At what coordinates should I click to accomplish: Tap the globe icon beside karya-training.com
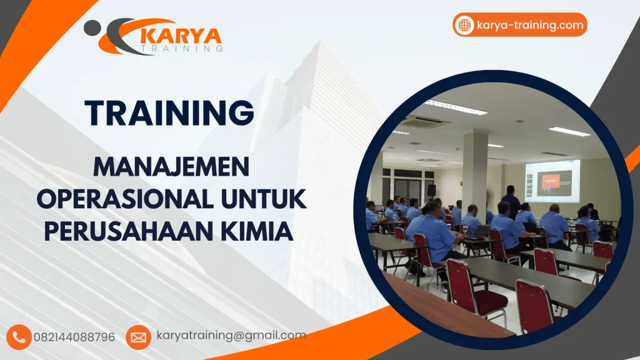click(x=464, y=25)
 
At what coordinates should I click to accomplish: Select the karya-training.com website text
click(x=529, y=25)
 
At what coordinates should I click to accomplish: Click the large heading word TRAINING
click(x=170, y=112)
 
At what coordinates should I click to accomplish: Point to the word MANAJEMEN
click(x=171, y=167)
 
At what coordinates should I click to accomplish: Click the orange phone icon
click(x=20, y=337)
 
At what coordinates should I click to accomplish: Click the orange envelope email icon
click(x=138, y=337)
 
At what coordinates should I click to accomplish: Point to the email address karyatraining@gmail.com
click(x=231, y=336)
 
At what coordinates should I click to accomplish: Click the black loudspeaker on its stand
click(x=431, y=190)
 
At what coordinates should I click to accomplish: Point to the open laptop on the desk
click(x=481, y=231)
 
